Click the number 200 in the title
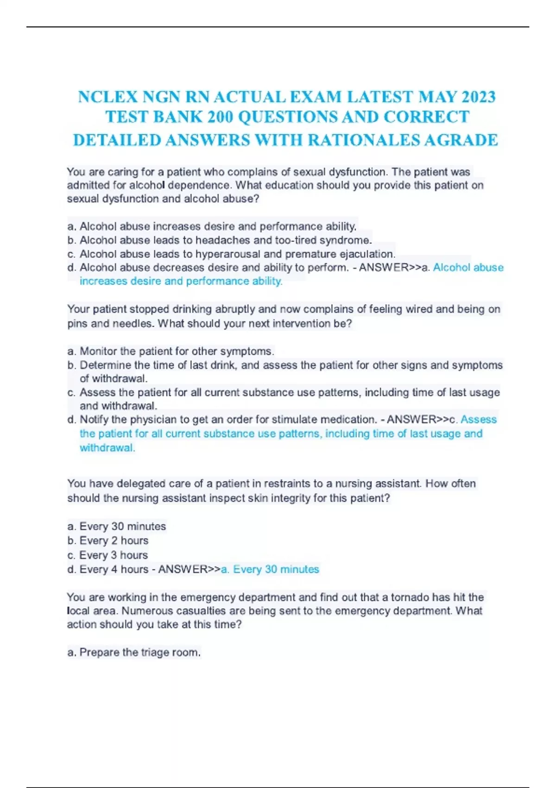220,117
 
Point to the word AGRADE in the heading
461,140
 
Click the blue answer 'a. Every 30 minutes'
270,569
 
